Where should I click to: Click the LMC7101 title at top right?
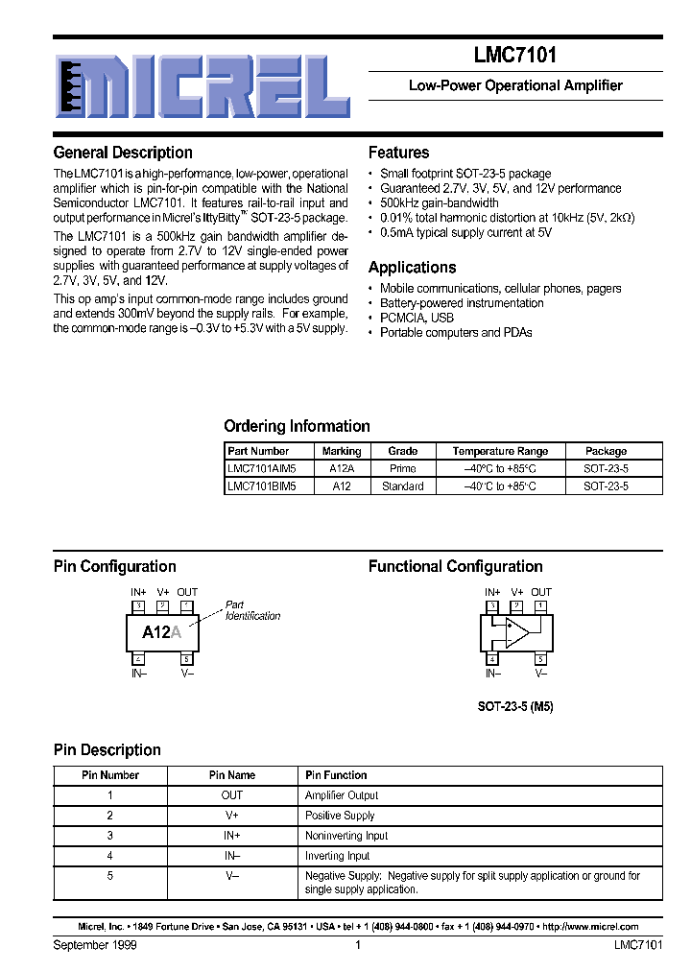pos(515,57)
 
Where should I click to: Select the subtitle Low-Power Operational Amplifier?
pos(515,85)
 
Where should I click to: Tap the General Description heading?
pos(123,153)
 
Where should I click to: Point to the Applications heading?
pos(412,268)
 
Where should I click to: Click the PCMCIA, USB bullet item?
pos(417,318)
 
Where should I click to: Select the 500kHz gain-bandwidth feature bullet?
pos(439,203)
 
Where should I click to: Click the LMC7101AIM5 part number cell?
pos(262,468)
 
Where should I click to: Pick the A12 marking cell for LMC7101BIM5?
pos(342,486)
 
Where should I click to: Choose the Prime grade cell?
pos(403,468)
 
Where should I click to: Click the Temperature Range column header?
pos(500,451)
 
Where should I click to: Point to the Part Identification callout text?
pos(252,610)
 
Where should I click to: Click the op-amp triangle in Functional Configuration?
pos(517,632)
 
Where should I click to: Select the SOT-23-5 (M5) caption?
pos(515,706)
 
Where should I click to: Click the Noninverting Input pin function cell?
pos(346,836)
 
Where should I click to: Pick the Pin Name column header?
pos(232,775)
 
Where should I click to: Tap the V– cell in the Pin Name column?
pos(232,876)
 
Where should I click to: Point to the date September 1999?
pos(95,945)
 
